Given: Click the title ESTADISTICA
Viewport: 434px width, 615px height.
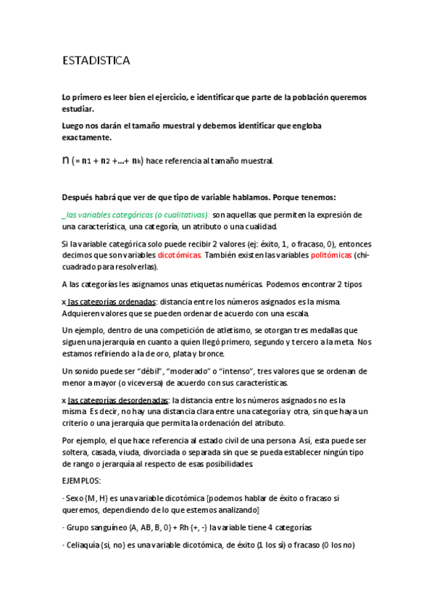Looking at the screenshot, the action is coord(96,62).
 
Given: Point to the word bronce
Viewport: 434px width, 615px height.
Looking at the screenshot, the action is coord(210,353).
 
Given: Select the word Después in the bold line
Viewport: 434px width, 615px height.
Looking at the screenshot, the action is coord(80,197).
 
